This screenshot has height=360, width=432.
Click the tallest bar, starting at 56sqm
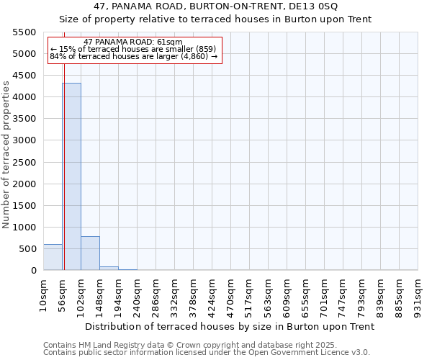click(71, 176)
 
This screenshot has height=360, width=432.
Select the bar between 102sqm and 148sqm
click(90, 253)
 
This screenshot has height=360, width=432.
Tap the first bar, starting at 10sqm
click(53, 257)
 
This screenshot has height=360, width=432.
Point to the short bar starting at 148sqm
click(109, 268)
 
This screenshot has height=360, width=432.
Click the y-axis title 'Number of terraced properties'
click(7, 154)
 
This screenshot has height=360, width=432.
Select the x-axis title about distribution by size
click(230, 326)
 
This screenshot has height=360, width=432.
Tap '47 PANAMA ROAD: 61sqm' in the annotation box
click(133, 42)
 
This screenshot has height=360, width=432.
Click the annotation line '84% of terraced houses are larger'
click(133, 56)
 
